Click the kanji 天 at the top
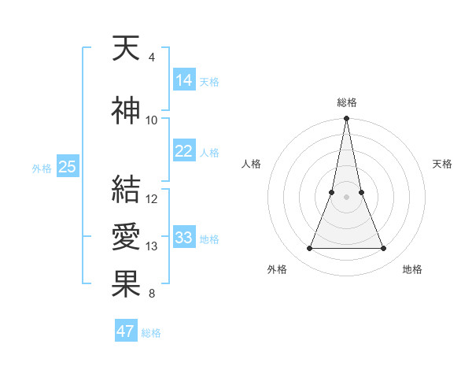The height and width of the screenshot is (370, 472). [x=126, y=50]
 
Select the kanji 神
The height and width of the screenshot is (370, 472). [x=126, y=111]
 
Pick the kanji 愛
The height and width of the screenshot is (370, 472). [x=126, y=235]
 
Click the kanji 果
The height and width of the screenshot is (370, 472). [x=126, y=283]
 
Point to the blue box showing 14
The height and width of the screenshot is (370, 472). [x=183, y=80]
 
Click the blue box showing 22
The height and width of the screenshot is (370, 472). [x=183, y=151]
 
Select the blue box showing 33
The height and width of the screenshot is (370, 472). [x=183, y=238]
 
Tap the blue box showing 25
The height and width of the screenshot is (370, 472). [x=67, y=167]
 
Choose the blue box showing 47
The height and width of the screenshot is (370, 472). [x=126, y=331]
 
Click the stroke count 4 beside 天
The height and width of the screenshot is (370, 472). [x=151, y=57]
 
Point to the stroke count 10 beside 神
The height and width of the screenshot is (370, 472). [x=152, y=120]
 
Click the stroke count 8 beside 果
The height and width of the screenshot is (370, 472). [x=151, y=294]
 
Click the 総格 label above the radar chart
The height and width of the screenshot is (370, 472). [x=346, y=102]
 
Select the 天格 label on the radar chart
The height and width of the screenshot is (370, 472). [x=442, y=164]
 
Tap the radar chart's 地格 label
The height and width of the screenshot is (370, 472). [x=412, y=269]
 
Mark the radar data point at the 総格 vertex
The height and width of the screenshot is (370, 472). [x=346, y=119]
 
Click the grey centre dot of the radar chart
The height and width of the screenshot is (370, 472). [x=346, y=198]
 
